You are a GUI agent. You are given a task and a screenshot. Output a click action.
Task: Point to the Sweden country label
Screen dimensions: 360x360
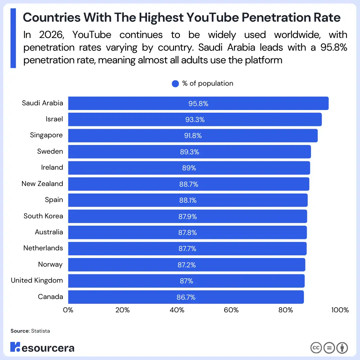50,152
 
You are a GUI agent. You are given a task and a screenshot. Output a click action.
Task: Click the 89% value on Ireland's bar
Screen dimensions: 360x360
189,168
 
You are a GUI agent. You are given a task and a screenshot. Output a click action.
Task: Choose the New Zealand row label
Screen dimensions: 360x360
42,184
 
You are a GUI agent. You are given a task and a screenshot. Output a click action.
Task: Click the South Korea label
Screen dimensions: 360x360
43,216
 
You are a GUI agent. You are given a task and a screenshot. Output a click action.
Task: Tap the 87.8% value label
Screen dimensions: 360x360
187,233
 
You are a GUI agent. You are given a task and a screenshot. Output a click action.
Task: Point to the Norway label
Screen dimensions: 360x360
50,265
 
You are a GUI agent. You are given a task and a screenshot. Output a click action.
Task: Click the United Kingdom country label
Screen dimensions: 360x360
37,281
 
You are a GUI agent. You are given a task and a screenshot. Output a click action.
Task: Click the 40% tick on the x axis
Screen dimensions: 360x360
177,310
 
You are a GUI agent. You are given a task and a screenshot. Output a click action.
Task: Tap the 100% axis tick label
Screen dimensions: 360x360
340,310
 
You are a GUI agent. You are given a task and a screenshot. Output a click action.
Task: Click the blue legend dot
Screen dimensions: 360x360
175,84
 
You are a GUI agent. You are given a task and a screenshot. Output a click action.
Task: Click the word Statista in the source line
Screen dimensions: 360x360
40,331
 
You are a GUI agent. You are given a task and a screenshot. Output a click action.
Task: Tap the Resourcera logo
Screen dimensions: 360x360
42,347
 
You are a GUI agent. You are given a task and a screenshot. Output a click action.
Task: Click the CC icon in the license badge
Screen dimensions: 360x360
316,348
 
